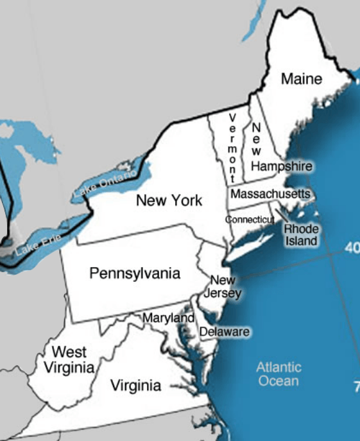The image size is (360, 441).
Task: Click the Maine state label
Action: point(302,79)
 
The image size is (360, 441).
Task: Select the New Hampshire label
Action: point(280,166)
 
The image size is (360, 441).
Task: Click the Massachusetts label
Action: point(270,193)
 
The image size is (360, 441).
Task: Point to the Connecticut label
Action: point(250,219)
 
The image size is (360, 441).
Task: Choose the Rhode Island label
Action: point(301,234)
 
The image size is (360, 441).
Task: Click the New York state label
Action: point(169,200)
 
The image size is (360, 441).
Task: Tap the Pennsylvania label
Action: point(135,273)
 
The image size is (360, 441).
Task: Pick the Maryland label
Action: point(168,318)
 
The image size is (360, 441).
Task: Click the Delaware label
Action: point(224,332)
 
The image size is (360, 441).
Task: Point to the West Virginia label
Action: point(69,359)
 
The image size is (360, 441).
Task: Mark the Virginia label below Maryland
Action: point(136,386)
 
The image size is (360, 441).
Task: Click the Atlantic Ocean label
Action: point(279,374)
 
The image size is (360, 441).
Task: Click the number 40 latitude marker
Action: point(352,248)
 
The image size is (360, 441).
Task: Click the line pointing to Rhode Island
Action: point(281,216)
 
